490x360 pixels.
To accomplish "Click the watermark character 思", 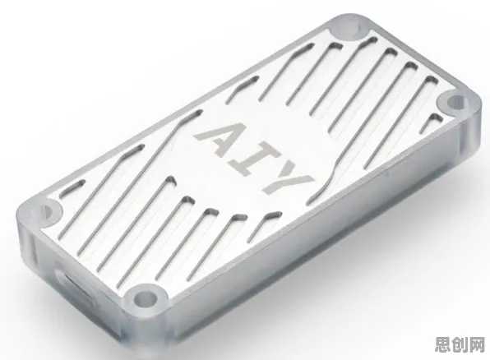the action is coord(444,344).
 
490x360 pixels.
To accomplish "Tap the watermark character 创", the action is coord(460,344).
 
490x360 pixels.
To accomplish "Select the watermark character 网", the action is coord(477,344).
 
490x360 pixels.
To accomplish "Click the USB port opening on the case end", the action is coord(74,288).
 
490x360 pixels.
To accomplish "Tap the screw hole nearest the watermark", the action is coord(452,103).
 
